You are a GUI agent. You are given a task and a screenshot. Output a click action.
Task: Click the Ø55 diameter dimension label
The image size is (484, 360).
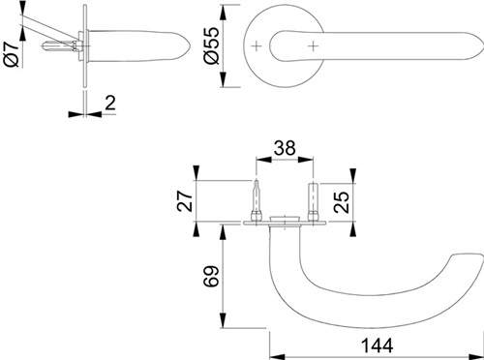pyautogui.click(x=212, y=45)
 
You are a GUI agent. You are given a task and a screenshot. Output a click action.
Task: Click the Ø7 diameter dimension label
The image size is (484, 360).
pyautogui.click(x=12, y=54)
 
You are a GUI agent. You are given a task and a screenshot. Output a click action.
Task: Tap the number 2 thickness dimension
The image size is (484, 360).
pyautogui.click(x=110, y=103)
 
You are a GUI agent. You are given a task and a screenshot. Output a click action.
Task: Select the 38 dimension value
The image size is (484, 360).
pyautogui.click(x=285, y=148)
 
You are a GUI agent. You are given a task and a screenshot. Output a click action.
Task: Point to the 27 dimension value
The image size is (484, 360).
pyautogui.click(x=185, y=200)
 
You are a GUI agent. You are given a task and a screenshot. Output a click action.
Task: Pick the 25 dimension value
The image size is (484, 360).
pyautogui.click(x=342, y=202)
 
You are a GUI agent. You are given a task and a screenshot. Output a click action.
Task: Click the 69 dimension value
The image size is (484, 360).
pyautogui.click(x=211, y=277)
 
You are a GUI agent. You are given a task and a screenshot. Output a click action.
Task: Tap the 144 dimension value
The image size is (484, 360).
pyautogui.click(x=377, y=345)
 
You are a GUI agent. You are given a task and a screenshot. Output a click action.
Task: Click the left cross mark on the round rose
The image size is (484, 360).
pyautogui.click(x=257, y=46)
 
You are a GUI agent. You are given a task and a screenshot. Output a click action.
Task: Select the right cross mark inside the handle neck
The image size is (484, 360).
pyautogui.click(x=313, y=46)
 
